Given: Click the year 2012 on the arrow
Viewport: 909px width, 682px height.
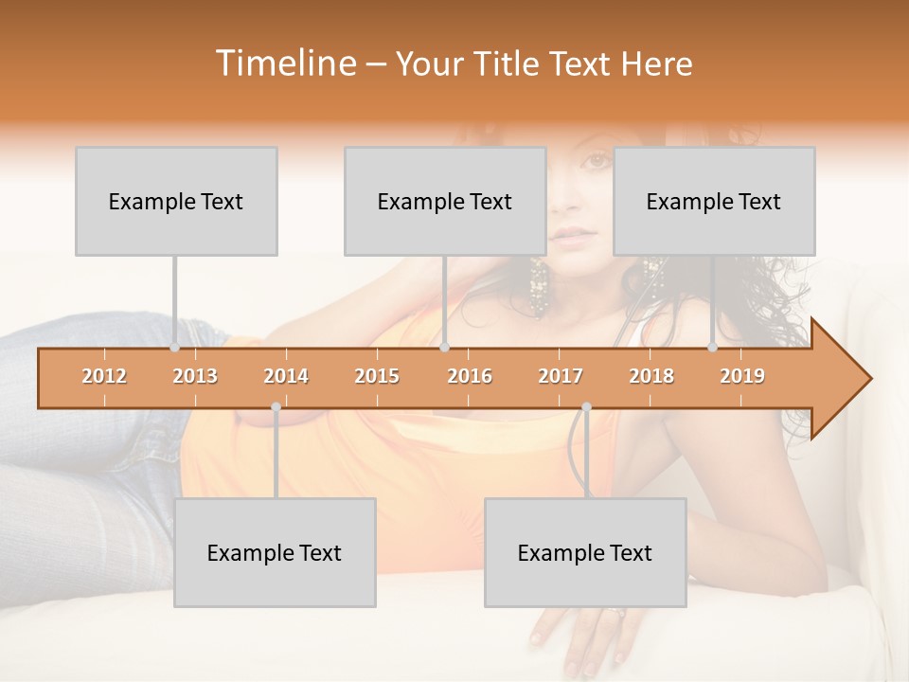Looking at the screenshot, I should (x=104, y=376).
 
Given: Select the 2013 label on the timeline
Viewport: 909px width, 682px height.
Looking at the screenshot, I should (x=195, y=376).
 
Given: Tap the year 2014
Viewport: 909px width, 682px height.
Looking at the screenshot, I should (x=286, y=376).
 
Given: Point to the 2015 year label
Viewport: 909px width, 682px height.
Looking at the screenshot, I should (x=377, y=376).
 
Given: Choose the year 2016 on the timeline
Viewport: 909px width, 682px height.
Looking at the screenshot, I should (x=470, y=376).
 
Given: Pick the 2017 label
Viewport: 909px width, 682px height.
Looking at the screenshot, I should (x=561, y=376).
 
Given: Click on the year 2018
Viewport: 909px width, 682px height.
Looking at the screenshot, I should (x=651, y=376).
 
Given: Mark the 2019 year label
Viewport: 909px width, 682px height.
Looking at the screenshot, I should (x=742, y=376).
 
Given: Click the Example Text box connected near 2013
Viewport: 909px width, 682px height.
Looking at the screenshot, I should (x=176, y=201).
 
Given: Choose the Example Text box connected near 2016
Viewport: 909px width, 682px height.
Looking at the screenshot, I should (x=445, y=201).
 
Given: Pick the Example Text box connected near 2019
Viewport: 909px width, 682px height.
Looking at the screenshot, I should (x=714, y=201).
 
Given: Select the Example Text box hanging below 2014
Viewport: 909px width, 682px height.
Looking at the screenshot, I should (x=275, y=552).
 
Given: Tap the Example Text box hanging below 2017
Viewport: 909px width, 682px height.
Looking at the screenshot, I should (x=585, y=552).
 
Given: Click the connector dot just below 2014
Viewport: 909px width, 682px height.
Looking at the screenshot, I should (x=276, y=407).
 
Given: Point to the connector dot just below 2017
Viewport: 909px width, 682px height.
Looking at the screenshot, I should (x=586, y=407).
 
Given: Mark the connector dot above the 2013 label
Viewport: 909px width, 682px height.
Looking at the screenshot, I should (x=174, y=348).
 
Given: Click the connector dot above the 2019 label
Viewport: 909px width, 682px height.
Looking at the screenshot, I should (x=712, y=348).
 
